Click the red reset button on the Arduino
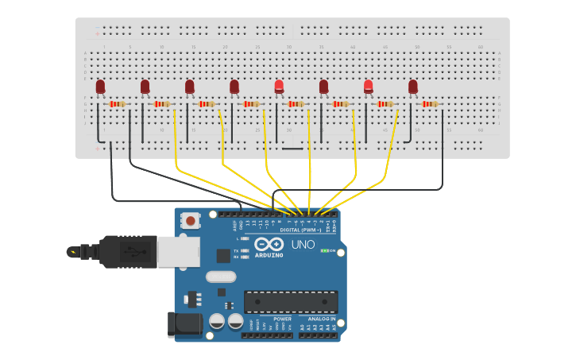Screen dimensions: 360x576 pyautogui.click(x=191, y=220)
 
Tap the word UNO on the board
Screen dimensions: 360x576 pyautogui.click(x=303, y=245)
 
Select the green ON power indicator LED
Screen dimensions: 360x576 pyautogui.click(x=326, y=250)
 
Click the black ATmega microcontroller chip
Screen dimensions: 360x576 pyautogui.click(x=291, y=302)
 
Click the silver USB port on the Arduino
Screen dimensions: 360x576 pyautogui.click(x=178, y=252)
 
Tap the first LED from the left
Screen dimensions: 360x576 pyautogui.click(x=100, y=87)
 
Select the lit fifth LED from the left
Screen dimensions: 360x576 pyautogui.click(x=279, y=87)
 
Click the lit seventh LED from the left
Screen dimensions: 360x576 pyautogui.click(x=368, y=87)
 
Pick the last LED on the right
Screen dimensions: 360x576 pyautogui.click(x=412, y=87)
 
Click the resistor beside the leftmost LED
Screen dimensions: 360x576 pyautogui.click(x=117, y=104)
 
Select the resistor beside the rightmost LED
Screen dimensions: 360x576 pyautogui.click(x=430, y=104)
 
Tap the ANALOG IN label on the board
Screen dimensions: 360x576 pyautogui.click(x=322, y=319)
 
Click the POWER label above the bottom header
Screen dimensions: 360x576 pyautogui.click(x=282, y=319)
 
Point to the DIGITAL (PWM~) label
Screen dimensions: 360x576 pyautogui.click(x=300, y=230)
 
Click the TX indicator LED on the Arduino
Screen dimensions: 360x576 pyautogui.click(x=245, y=250)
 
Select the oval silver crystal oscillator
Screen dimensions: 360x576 pyautogui.click(x=221, y=277)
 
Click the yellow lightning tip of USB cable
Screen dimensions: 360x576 pyautogui.click(x=74, y=252)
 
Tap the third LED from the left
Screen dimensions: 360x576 pyautogui.click(x=189, y=87)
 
